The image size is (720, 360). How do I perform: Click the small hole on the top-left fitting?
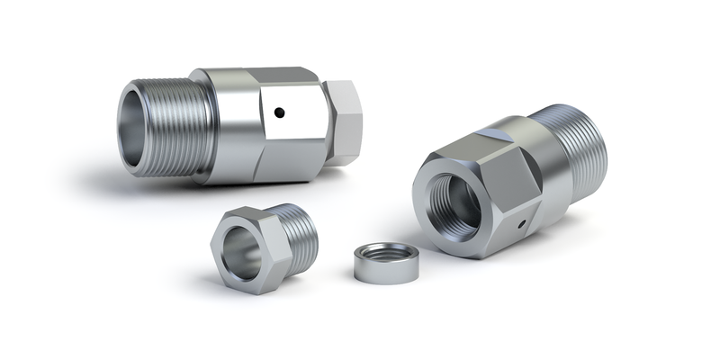coord(280,113)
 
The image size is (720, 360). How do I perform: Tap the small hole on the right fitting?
coord(520,220)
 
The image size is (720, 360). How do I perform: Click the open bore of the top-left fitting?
coord(145,126)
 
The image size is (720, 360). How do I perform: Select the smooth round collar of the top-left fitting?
coord(232,126)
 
